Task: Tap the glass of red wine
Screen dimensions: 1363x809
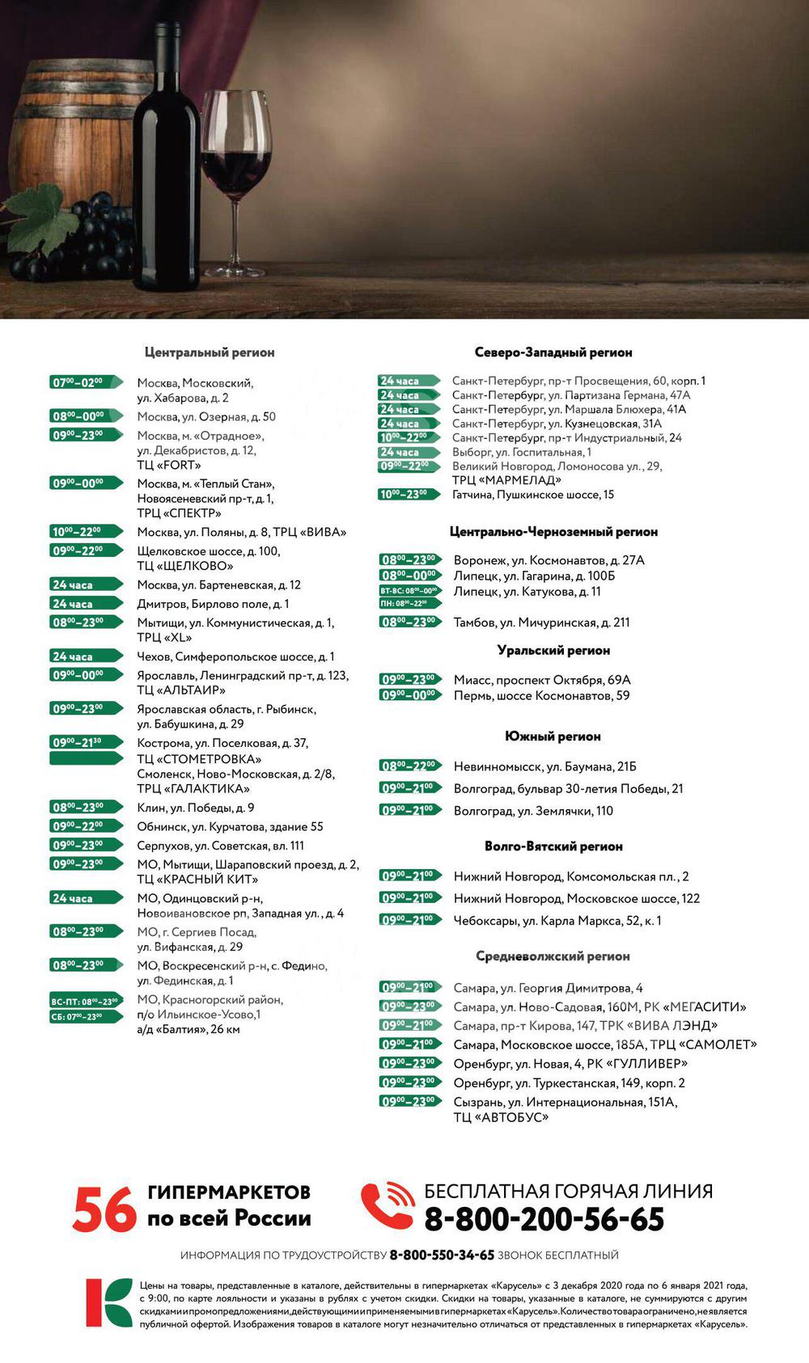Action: click(235, 154)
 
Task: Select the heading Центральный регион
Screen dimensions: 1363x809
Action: click(210, 352)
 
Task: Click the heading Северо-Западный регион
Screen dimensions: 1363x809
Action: click(553, 352)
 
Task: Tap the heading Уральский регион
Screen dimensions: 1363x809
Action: click(553, 650)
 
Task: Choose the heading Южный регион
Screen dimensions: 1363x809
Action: click(553, 736)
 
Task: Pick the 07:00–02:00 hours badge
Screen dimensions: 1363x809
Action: click(84, 382)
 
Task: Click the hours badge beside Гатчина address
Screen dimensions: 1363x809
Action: click(409, 495)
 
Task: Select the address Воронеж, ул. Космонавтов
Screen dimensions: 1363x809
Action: click(549, 560)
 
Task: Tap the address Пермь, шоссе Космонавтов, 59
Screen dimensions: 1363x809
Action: click(541, 695)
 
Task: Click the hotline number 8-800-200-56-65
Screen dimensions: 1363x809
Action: click(544, 1219)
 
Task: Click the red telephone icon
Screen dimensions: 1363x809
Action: click(387, 1205)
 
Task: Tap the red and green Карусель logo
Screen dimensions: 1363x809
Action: click(108, 1302)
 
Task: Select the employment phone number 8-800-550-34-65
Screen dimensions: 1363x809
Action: click(442, 1255)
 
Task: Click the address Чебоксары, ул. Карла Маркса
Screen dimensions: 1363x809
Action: click(557, 921)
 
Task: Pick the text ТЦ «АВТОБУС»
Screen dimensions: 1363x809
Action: click(501, 1117)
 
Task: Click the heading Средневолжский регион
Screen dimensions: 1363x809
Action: click(553, 956)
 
